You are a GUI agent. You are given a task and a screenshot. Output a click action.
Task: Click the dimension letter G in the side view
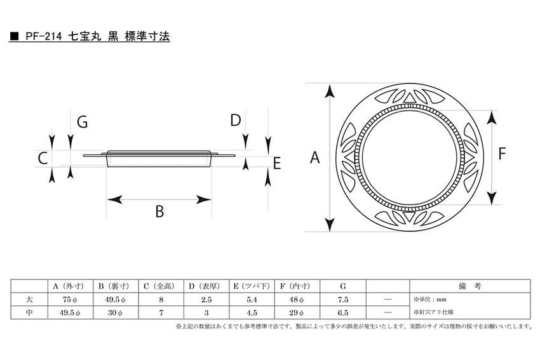click(83, 122)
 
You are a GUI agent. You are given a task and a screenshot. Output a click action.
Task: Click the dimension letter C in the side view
click(43, 159)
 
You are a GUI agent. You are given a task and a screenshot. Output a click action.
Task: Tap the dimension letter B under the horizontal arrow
click(159, 211)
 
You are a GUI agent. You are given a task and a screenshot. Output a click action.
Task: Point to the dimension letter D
click(236, 121)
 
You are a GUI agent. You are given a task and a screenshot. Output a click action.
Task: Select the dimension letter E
click(277, 163)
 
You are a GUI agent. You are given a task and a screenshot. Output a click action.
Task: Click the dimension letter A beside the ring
click(314, 157)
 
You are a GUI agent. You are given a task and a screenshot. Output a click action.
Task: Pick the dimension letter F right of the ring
click(502, 154)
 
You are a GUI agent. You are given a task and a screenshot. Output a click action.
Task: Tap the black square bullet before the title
click(14, 36)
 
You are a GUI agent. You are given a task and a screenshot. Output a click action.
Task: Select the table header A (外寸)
click(70, 286)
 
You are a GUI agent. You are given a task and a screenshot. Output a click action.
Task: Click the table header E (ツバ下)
click(252, 286)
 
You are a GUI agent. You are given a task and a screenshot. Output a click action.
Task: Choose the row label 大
click(29, 299)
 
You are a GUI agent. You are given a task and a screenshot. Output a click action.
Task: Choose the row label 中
click(29, 312)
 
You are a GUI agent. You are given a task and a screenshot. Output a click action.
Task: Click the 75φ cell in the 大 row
click(70, 300)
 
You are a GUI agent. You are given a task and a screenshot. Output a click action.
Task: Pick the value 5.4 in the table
click(252, 300)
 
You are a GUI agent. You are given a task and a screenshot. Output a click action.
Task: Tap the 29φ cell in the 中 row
click(297, 312)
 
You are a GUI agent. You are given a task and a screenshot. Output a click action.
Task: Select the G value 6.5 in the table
click(343, 312)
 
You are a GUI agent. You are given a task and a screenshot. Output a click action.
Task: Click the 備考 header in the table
click(470, 286)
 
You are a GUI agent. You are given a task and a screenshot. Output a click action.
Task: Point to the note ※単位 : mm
click(430, 300)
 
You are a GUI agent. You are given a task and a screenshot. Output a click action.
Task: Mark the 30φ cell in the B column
click(116, 312)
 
